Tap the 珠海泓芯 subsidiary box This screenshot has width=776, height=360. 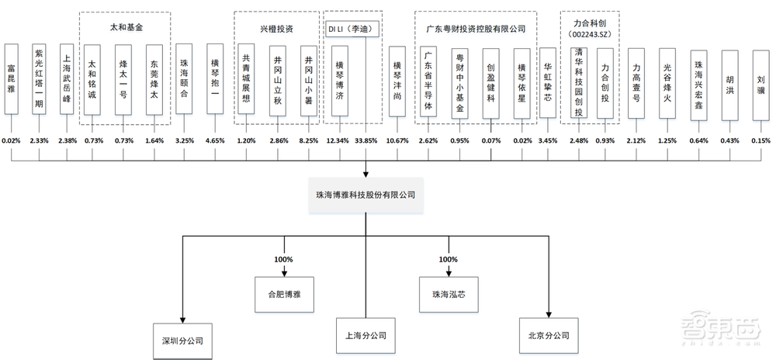pyautogui.click(x=445, y=296)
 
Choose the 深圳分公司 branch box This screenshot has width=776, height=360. pyautogui.click(x=182, y=340)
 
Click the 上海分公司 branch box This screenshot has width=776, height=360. pyautogui.click(x=365, y=337)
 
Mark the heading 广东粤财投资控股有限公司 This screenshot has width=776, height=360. pyautogui.click(x=476, y=29)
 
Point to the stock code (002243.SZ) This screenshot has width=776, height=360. pyautogui.click(x=589, y=35)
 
